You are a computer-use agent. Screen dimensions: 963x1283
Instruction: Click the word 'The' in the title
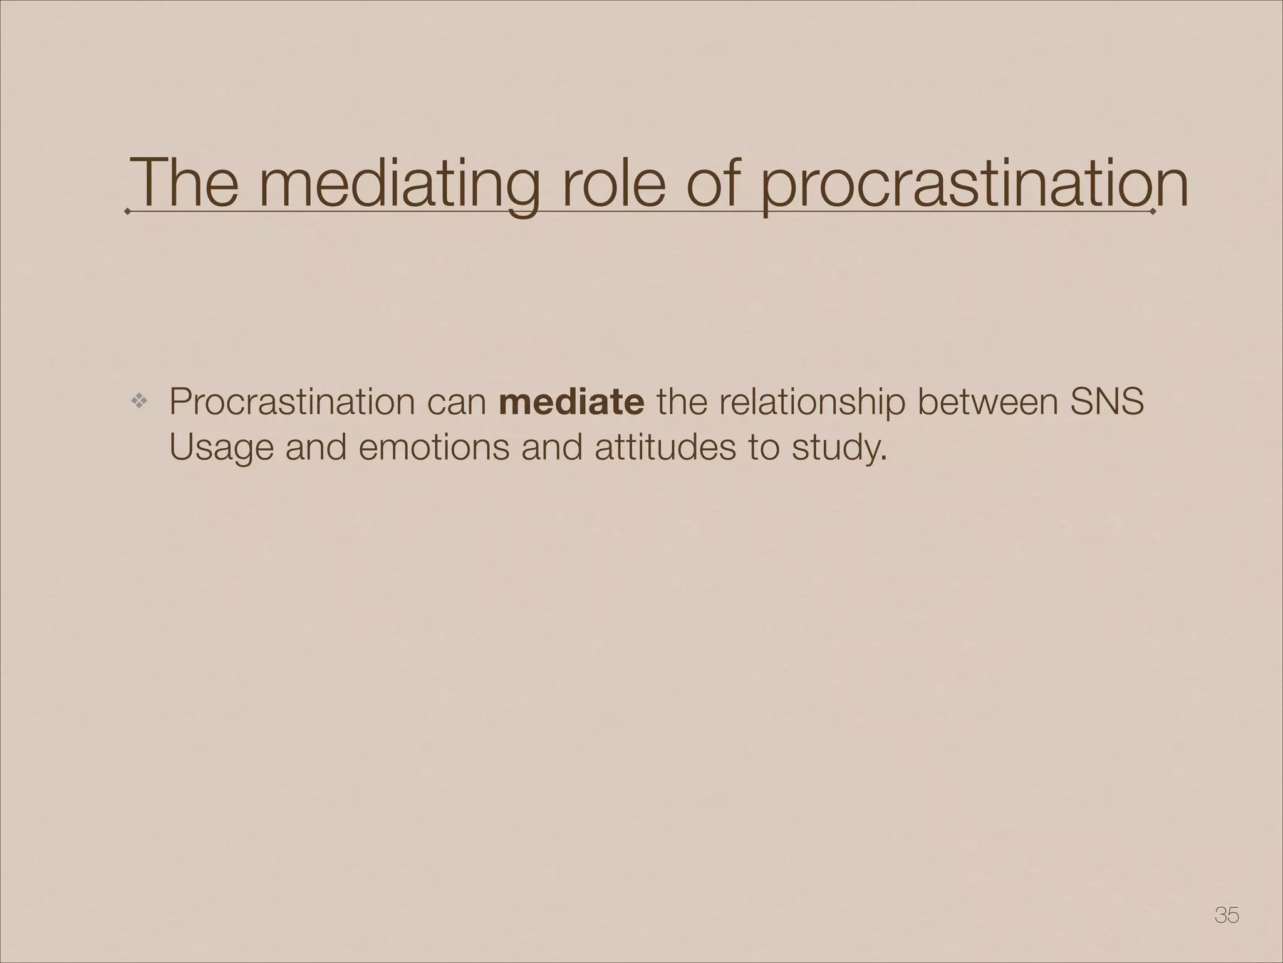[x=185, y=182]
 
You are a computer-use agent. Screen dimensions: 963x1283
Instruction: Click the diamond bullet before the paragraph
[x=138, y=402]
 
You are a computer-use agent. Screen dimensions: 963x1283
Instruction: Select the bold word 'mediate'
[x=571, y=402]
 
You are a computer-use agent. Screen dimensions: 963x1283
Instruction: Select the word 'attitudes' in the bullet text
[x=664, y=449]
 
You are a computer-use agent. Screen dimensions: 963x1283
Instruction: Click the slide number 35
[x=1226, y=915]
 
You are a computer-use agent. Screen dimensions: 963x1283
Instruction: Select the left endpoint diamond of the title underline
[x=128, y=212]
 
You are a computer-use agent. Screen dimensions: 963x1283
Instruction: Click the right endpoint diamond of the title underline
[x=1154, y=212]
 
